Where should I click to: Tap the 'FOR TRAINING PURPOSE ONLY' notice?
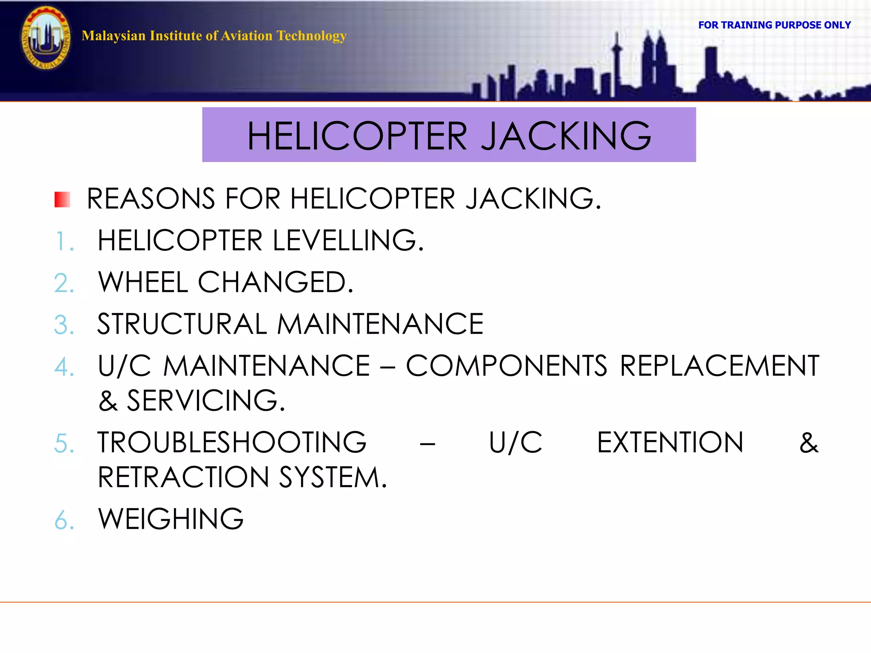pyautogui.click(x=774, y=25)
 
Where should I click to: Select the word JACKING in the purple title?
pyautogui.click(x=566, y=136)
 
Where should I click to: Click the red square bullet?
pyautogui.click(x=62, y=199)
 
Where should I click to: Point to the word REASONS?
pyautogui.click(x=151, y=199)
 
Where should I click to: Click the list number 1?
pyautogui.click(x=64, y=241)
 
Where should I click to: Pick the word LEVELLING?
pyautogui.click(x=348, y=241)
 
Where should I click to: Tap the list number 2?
pyautogui.click(x=64, y=283)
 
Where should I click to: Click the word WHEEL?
pyautogui.click(x=143, y=282)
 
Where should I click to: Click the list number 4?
pyautogui.click(x=64, y=366)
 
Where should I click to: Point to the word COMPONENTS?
pyautogui.click(x=506, y=366)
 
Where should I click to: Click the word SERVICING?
pyautogui.click(x=206, y=400)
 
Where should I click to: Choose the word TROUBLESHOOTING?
pyautogui.click(x=232, y=443)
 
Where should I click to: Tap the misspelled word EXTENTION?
pyautogui.click(x=670, y=443)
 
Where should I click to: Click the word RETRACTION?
pyautogui.click(x=183, y=477)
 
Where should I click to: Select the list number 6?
pyautogui.click(x=64, y=520)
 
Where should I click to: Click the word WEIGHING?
pyautogui.click(x=171, y=519)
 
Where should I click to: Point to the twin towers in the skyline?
pyautogui.click(x=654, y=60)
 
